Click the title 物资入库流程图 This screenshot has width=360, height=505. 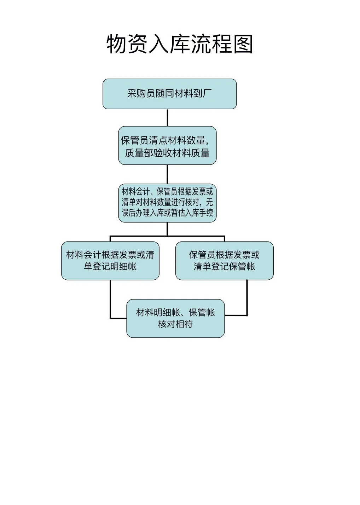pyautogui.click(x=180, y=44)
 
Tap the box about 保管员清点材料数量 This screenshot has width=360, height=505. pyautogui.click(x=167, y=145)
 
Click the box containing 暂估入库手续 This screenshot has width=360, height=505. pyautogui.click(x=167, y=203)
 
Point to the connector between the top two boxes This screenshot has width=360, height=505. pyautogui.click(x=167, y=117)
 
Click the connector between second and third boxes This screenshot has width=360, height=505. pyautogui.click(x=167, y=174)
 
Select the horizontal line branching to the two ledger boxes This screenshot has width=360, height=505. pyautogui.click(x=167, y=236)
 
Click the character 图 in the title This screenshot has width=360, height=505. pyautogui.click(x=243, y=44)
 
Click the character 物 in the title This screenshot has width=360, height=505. pyautogui.click(x=116, y=44)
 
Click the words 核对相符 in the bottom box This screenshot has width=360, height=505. pyautogui.click(x=175, y=324)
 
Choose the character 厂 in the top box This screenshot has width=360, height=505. pyautogui.click(x=208, y=94)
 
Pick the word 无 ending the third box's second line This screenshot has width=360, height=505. pyautogui.click(x=209, y=202)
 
